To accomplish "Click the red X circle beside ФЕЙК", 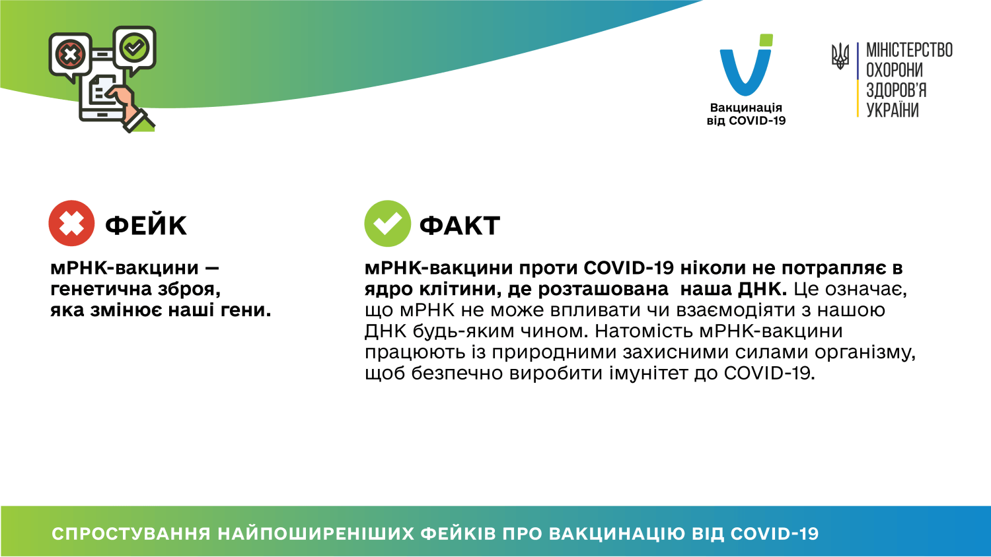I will pos(71,223).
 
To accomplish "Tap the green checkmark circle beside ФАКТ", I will pos(387,223).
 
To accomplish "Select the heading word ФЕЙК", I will pos(146,226).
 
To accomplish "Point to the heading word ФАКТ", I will pos(460,226).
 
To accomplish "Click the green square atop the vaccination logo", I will pos(766,40).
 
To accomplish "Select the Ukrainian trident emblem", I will pos(840,56).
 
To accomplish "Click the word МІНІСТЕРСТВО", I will pos(909,50).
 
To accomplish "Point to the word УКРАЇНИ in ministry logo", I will pos(892,110).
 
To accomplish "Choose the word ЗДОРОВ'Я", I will pos(896,90).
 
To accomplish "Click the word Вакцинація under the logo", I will pos(746,108).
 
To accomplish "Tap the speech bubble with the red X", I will pos(71,54).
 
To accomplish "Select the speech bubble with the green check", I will pos(135,48).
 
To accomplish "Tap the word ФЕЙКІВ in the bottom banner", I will pos(458,534).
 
